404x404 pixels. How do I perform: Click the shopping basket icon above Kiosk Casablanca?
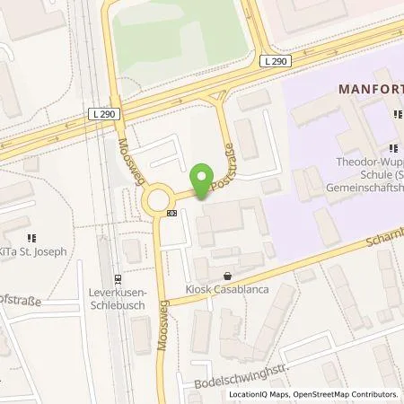227,277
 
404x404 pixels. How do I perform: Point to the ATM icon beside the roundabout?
171,213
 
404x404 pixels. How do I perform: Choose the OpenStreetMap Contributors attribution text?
351,394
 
